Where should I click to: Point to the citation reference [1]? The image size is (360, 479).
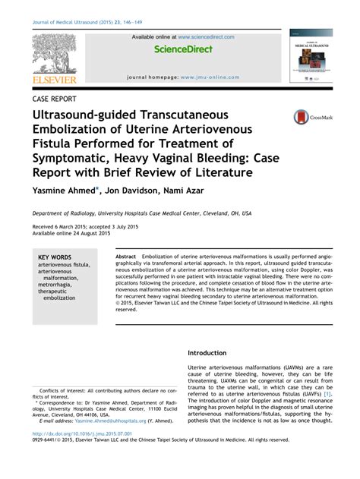[x=327, y=394]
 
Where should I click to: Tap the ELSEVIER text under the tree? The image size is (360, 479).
[x=55, y=78]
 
